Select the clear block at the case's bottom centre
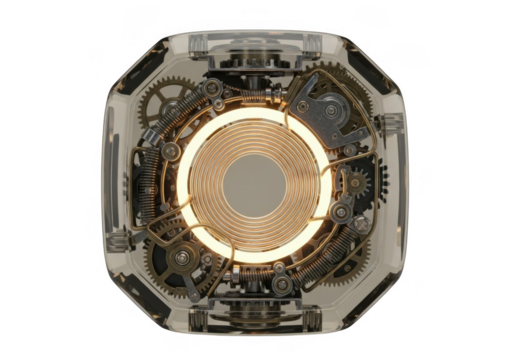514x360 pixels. point(257,318)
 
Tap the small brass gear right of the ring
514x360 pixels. point(350,185)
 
